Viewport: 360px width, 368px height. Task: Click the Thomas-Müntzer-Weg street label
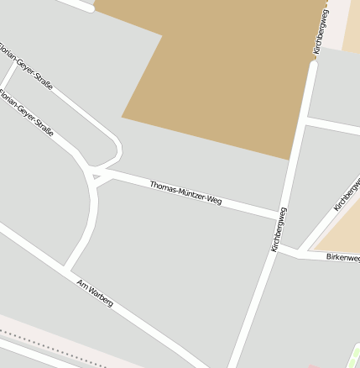(x=185, y=194)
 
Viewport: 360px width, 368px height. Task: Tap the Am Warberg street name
(x=94, y=291)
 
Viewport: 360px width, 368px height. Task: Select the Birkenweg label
(x=342, y=257)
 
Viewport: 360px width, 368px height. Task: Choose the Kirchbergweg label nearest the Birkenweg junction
(x=279, y=229)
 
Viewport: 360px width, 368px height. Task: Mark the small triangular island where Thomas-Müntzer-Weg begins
(x=97, y=176)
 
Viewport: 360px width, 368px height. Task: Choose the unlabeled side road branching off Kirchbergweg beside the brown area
(x=331, y=127)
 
